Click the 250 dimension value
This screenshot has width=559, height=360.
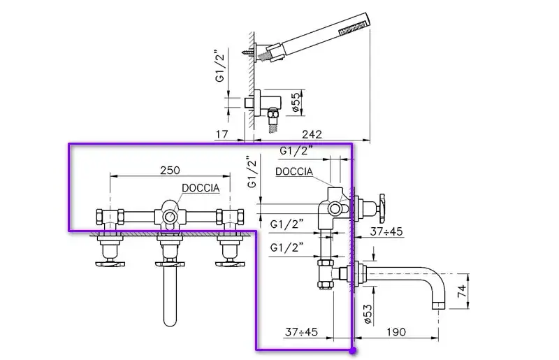pyautogui.click(x=170, y=170)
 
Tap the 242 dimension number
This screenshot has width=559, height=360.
pyautogui.click(x=313, y=134)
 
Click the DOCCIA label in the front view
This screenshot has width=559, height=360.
pyautogui.click(x=201, y=187)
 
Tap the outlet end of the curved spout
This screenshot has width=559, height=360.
pyautogui.click(x=440, y=306)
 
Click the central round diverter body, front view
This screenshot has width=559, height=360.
pyautogui.click(x=169, y=217)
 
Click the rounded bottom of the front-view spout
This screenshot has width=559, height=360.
pyautogui.click(x=169, y=322)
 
